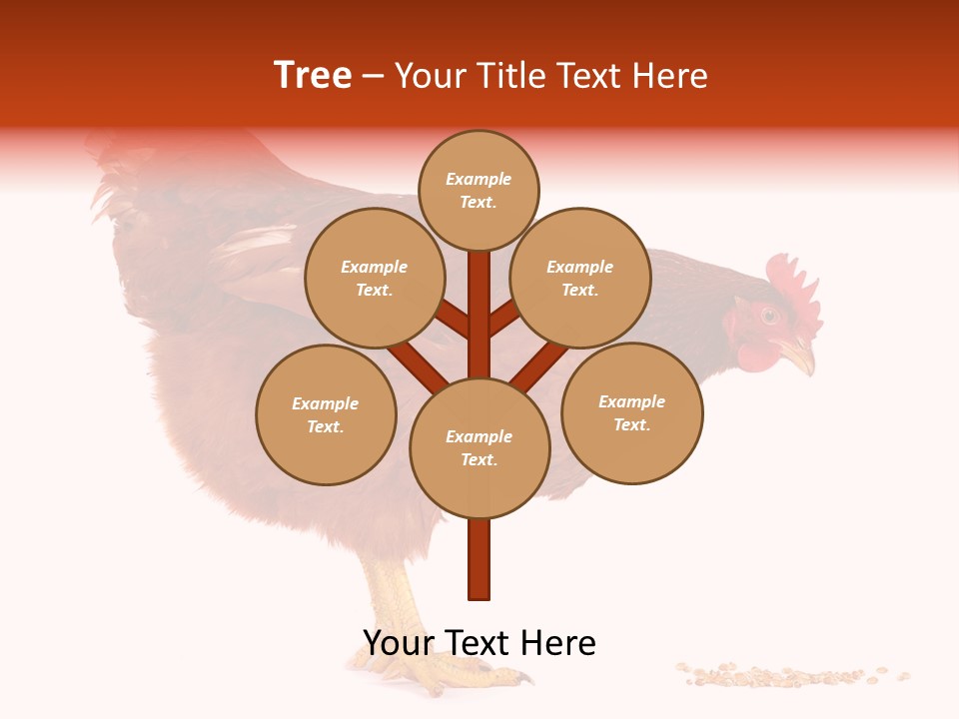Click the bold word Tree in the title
click(x=313, y=76)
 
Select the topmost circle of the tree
click(x=479, y=190)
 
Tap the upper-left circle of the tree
click(x=375, y=278)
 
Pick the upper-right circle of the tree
click(x=580, y=278)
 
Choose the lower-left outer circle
click(x=326, y=414)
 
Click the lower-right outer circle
click(x=632, y=412)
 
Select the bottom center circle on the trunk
click(x=479, y=447)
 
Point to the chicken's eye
click(x=769, y=316)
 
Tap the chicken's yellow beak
click(x=799, y=354)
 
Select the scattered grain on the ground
click(x=789, y=676)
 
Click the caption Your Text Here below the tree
click(x=479, y=643)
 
